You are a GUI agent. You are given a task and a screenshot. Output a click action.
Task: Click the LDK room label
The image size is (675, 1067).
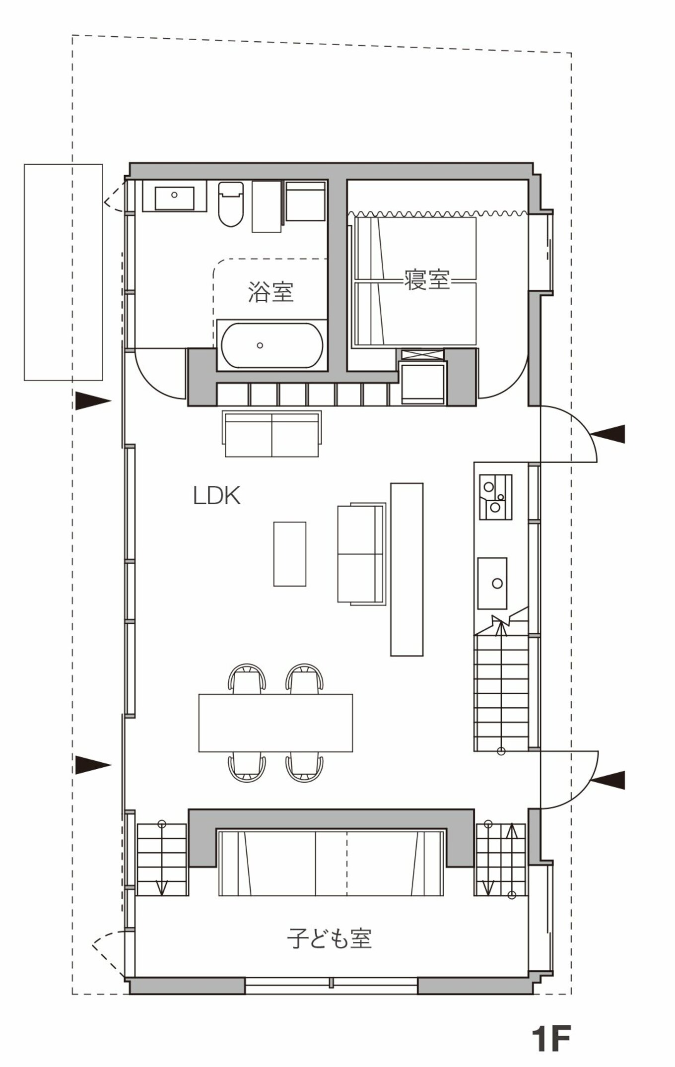tap(216, 496)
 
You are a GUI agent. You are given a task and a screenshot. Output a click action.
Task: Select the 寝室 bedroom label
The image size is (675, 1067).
tap(427, 279)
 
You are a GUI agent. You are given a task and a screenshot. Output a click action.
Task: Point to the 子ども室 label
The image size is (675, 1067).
tap(330, 937)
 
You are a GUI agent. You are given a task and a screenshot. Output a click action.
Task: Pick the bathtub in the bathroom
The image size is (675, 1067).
tap(272, 345)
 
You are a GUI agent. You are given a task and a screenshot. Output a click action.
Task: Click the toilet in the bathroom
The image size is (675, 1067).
tap(231, 204)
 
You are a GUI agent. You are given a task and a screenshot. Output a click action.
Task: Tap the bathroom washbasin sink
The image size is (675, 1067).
tap(174, 198)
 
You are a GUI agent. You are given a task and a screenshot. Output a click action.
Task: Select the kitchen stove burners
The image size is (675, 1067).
tap(495, 496)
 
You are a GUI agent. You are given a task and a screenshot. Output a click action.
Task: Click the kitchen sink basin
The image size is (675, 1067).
tap(492, 583)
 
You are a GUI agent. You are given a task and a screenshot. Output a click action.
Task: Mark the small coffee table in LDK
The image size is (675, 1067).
tap(290, 553)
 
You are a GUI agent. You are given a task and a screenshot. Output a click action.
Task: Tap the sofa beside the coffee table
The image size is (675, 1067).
tap(362, 553)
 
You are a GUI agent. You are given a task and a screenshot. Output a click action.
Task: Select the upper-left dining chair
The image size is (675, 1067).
tap(247, 678)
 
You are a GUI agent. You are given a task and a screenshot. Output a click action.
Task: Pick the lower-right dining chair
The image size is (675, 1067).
tap(304, 767)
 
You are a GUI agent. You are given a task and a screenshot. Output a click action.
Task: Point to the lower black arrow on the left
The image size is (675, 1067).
tap(92, 765)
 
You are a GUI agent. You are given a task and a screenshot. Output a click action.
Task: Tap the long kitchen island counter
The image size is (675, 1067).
tap(406, 569)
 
